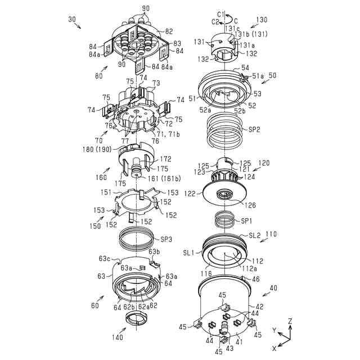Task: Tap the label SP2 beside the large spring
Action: [255, 129]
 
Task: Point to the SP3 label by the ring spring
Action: [166, 239]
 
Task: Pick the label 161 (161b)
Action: [161, 179]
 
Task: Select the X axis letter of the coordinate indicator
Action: [274, 348]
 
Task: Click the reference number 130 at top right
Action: [262, 20]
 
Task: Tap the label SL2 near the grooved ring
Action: [255, 235]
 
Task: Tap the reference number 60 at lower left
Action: [94, 305]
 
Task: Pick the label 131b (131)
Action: [247, 34]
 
